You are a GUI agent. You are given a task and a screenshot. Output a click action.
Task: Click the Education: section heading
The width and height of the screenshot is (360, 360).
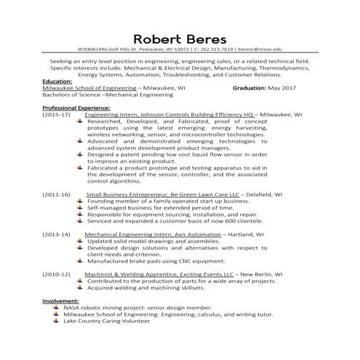tap(57, 81)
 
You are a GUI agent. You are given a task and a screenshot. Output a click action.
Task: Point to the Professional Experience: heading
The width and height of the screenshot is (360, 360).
tap(76, 108)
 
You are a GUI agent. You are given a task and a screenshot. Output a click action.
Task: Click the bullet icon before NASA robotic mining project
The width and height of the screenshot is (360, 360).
tap(57, 306)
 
